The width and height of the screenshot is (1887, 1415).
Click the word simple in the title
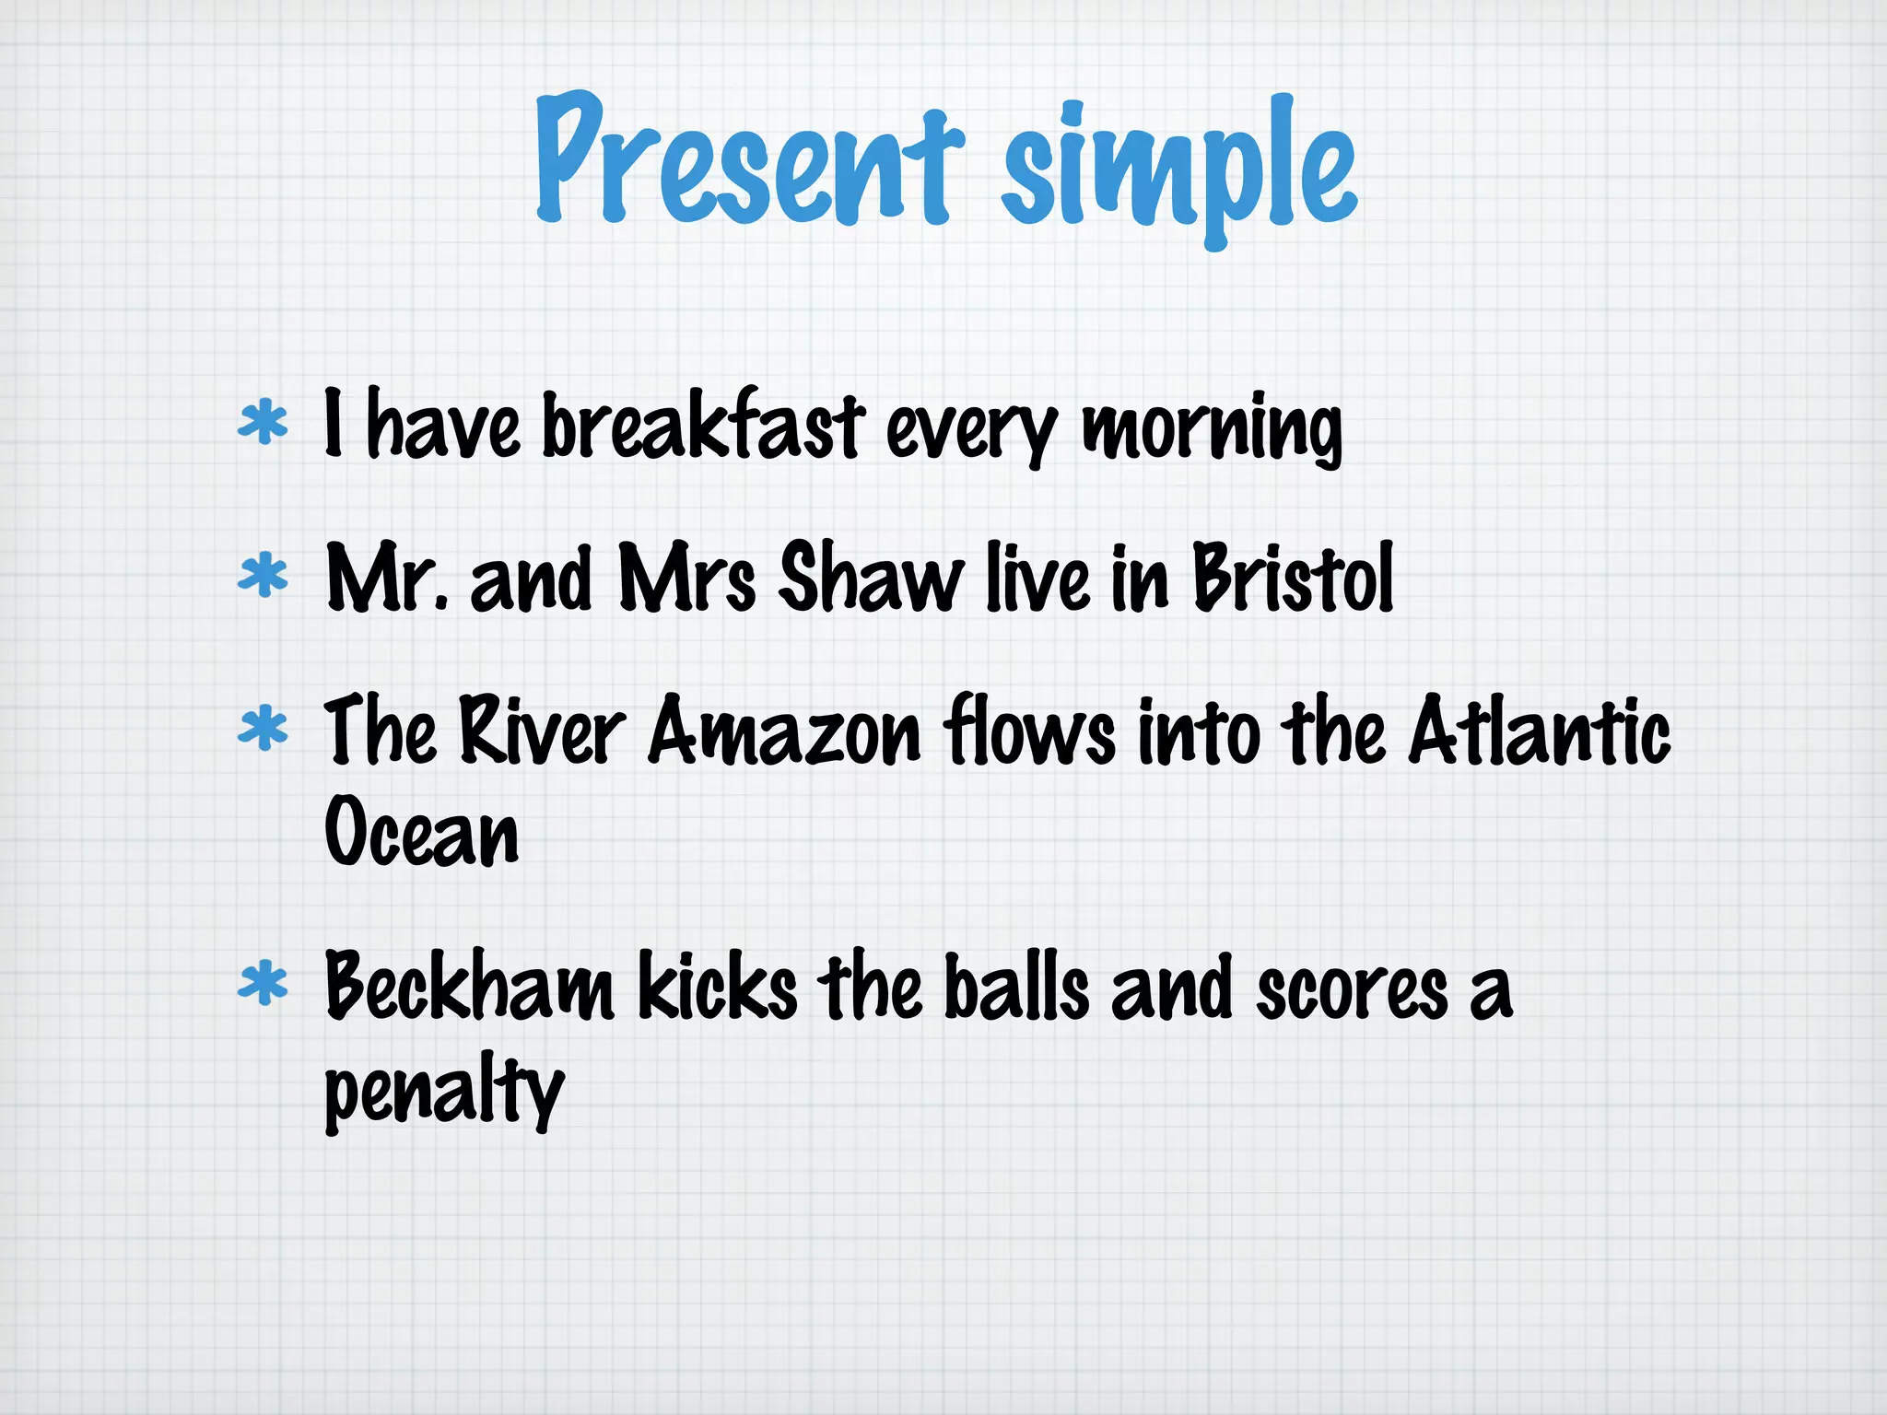(1179, 170)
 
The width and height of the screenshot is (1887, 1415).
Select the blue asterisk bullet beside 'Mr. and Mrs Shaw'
(263, 577)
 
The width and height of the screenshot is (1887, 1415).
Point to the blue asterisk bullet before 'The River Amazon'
(263, 730)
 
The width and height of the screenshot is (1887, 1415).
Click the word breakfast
(703, 426)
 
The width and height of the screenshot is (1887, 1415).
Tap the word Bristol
(1293, 578)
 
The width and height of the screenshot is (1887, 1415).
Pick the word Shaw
(869, 578)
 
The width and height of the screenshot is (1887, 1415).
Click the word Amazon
(784, 732)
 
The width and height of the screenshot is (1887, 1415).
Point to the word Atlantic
(1540, 732)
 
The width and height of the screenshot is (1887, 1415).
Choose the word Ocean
(421, 832)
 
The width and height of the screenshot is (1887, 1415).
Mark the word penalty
(443, 1092)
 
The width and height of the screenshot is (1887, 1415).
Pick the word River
(542, 732)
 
